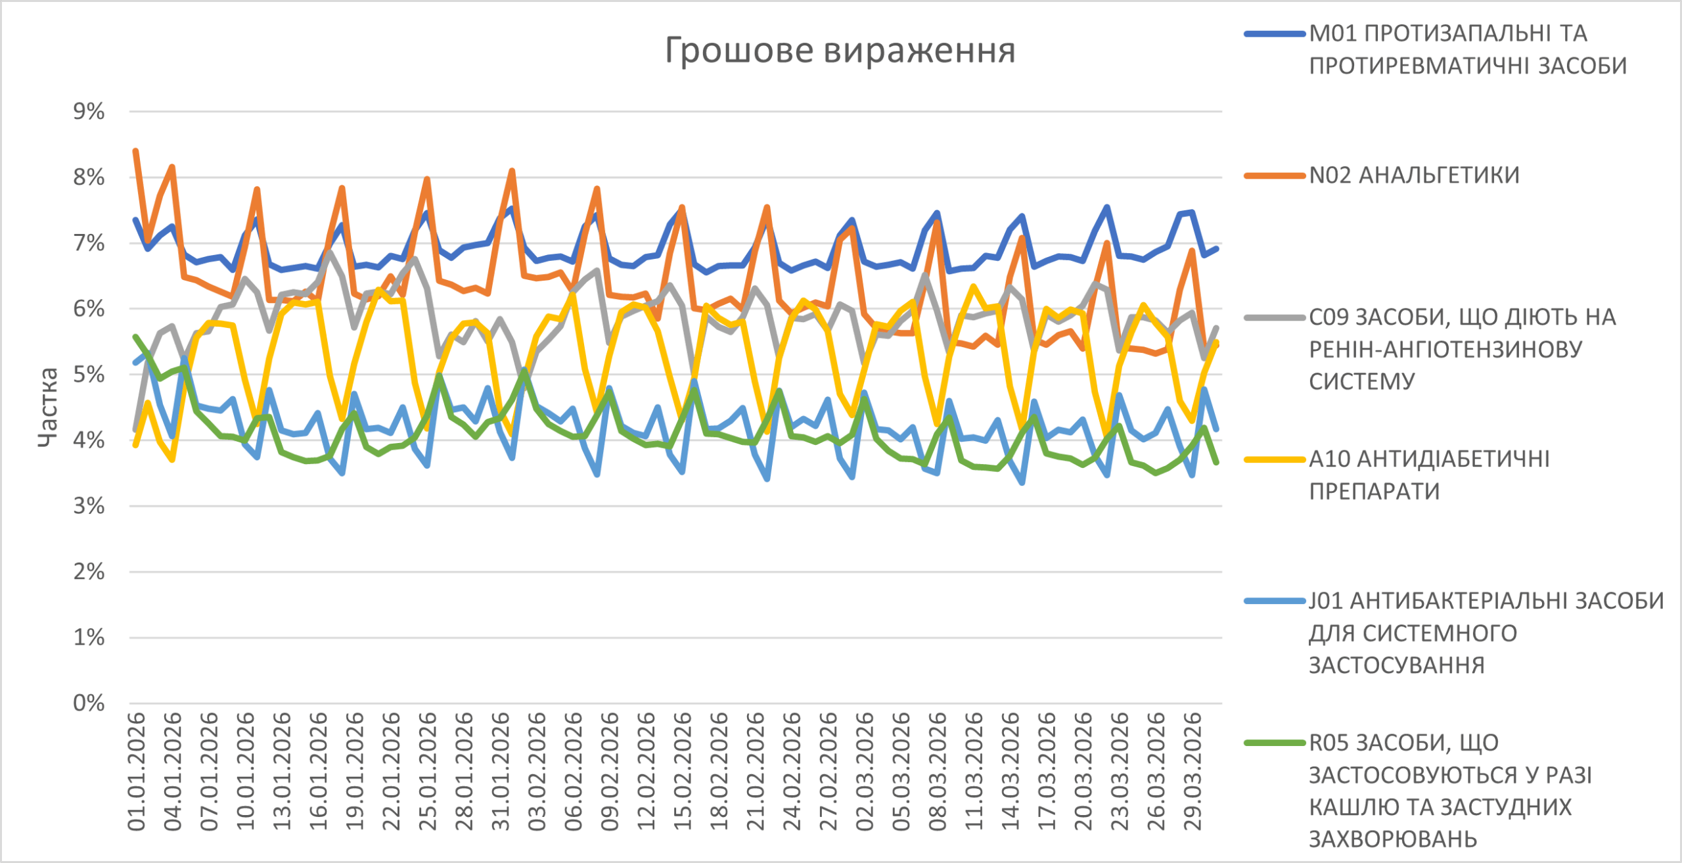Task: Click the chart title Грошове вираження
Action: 840,51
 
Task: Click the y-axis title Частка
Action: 47,408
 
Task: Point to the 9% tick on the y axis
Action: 89,111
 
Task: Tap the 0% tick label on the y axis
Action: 89,703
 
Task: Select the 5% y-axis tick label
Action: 89,375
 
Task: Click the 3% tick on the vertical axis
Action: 89,506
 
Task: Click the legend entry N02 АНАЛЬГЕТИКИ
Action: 1414,175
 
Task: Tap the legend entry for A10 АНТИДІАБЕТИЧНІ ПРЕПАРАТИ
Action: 1429,475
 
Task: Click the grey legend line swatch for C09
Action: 1274,317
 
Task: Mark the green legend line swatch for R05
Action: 1274,743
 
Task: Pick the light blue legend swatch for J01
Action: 1274,601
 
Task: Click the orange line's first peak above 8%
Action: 135,151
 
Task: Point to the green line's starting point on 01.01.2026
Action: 135,337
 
